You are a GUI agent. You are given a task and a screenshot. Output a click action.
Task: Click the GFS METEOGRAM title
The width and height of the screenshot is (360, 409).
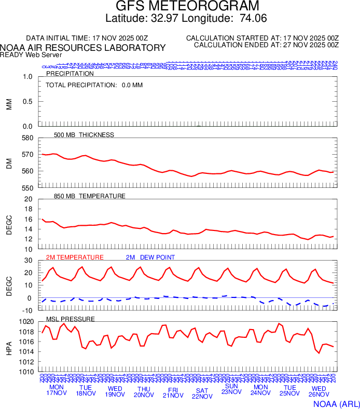179,7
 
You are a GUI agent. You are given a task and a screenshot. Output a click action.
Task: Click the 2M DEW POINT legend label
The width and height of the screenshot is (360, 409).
150,257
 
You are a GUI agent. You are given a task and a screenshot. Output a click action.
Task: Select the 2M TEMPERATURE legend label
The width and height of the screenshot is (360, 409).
75,257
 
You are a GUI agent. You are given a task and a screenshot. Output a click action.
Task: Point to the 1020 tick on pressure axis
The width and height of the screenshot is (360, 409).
25,322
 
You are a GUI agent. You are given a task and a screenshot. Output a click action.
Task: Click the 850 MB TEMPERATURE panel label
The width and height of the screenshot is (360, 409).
90,196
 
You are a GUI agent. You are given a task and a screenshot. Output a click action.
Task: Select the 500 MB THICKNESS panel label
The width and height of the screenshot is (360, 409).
84,135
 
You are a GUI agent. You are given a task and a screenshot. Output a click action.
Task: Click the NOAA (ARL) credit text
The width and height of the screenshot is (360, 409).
336,403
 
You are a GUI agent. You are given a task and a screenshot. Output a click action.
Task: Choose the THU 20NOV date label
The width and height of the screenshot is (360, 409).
144,392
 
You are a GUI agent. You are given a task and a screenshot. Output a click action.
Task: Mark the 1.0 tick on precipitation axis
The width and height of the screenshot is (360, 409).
27,77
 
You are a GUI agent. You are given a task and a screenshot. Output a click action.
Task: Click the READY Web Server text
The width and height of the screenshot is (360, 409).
31,54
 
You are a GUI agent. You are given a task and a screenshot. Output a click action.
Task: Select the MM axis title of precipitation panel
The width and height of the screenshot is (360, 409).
9,104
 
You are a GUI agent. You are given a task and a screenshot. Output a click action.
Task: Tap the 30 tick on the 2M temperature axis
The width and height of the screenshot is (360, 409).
29,261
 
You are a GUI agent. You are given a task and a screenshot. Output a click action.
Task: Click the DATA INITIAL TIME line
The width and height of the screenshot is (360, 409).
87,38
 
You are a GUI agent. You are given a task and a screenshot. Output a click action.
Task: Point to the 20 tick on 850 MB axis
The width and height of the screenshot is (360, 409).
29,199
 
